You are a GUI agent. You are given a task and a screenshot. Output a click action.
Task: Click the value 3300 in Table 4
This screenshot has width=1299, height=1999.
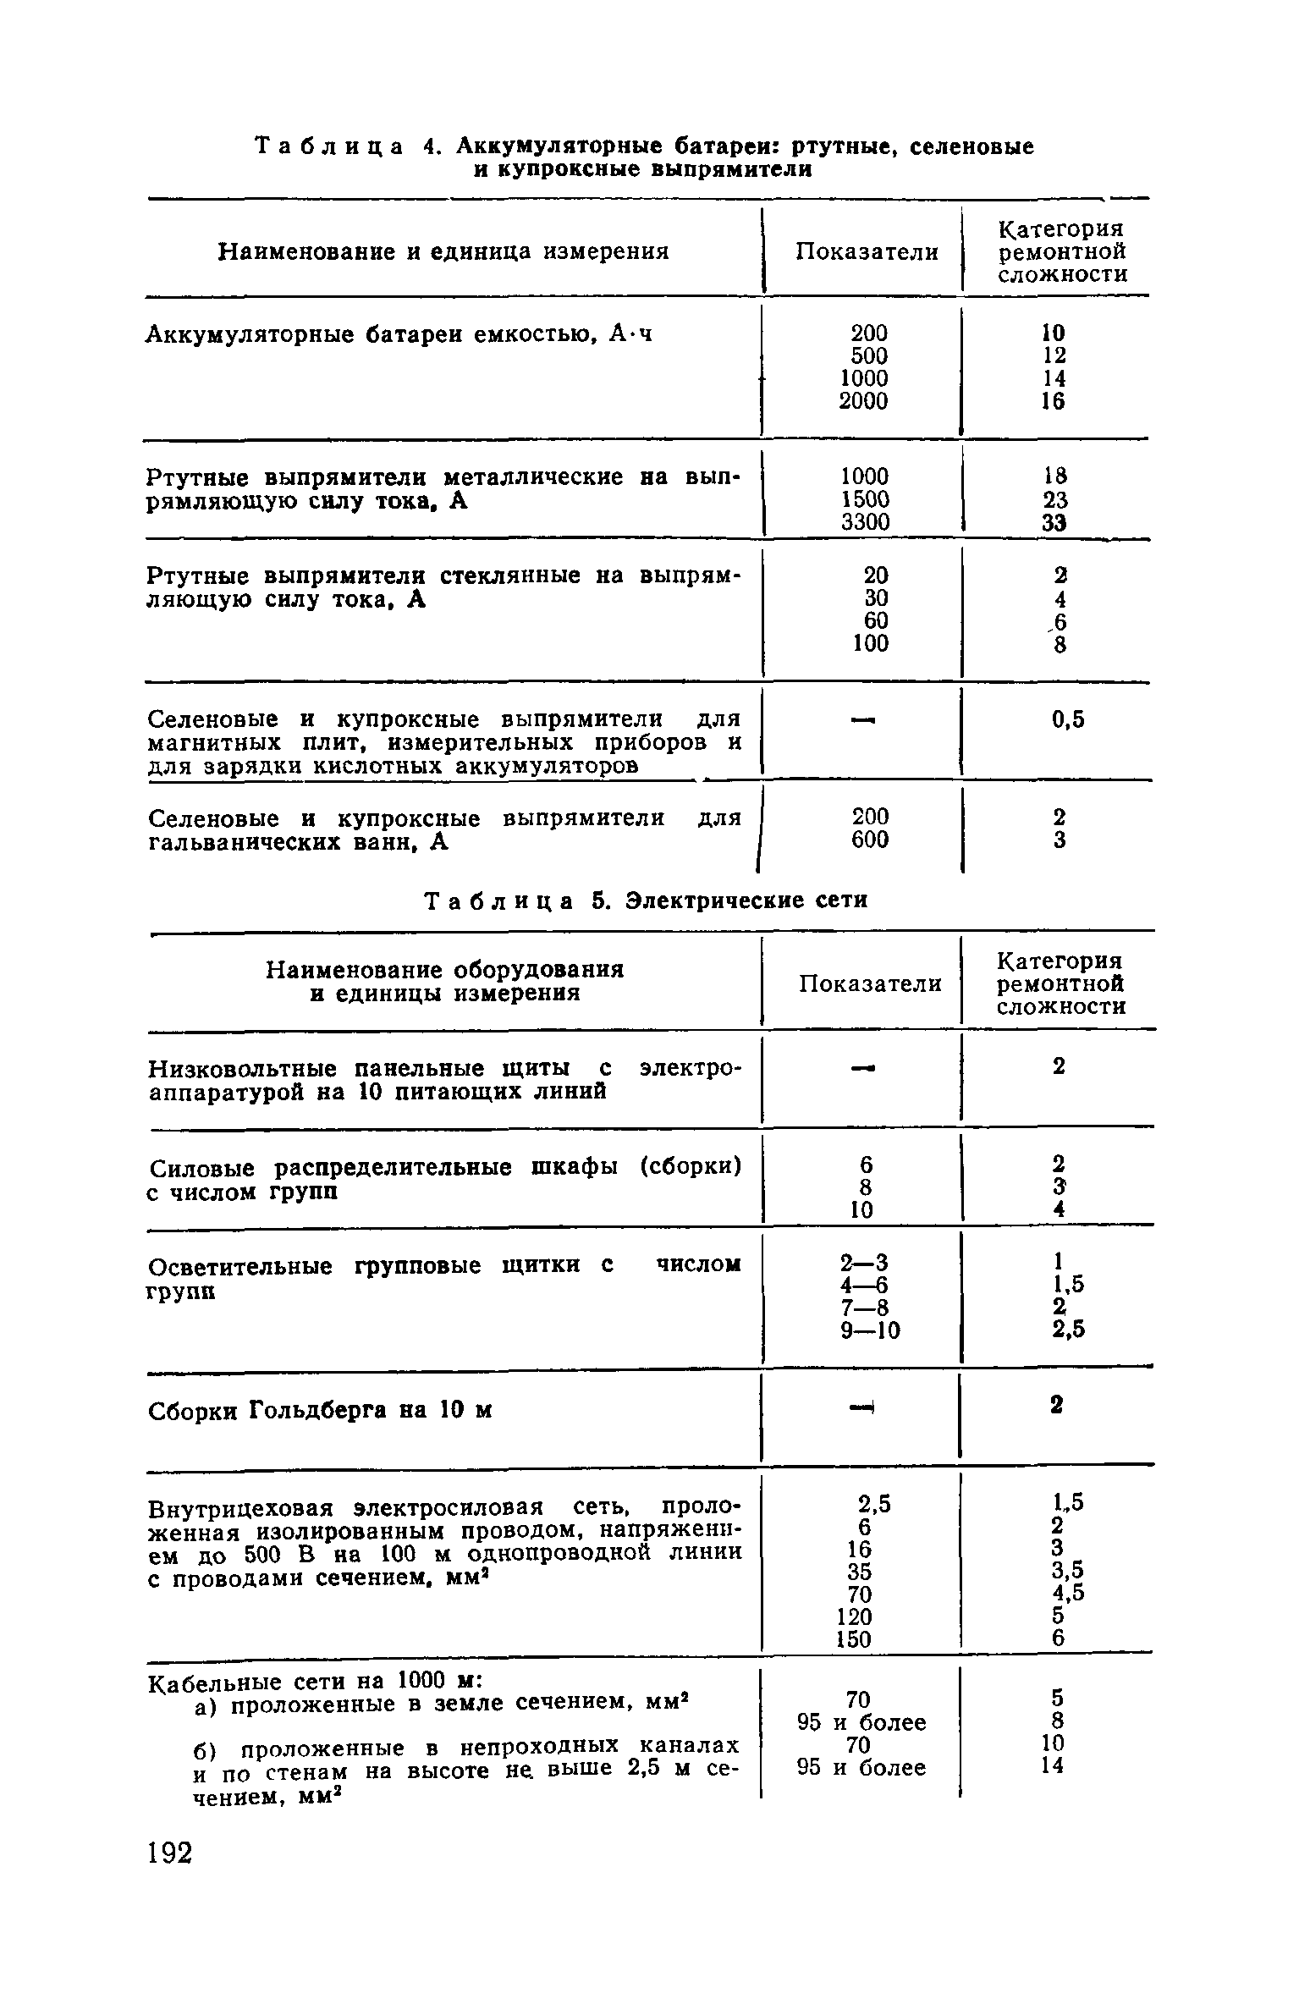coord(865,523)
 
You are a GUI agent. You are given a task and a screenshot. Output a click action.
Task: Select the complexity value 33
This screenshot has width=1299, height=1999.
coord(1054,523)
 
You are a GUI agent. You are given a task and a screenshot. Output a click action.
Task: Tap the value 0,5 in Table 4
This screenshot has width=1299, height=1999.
coord(1068,719)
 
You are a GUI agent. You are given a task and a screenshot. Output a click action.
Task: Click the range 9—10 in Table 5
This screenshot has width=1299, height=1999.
coord(871,1331)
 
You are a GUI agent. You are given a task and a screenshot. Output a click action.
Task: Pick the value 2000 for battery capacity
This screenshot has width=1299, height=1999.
coord(864,401)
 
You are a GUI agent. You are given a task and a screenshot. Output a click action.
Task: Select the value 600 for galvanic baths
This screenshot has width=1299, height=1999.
coord(870,840)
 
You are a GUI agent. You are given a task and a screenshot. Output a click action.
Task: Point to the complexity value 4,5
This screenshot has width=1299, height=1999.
coord(1068,1594)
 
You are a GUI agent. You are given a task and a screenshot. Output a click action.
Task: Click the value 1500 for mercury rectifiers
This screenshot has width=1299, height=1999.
coord(865,500)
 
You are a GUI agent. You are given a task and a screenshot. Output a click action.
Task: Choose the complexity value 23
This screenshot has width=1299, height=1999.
coord(1054,500)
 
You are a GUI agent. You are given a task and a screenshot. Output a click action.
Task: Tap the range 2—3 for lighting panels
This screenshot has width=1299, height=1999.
coord(864,1263)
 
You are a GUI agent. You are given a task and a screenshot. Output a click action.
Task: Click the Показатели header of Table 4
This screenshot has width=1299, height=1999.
coord(867,251)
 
